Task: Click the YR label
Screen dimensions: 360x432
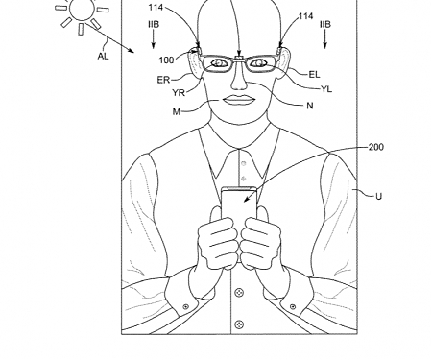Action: point(180,93)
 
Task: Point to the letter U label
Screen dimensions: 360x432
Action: point(378,197)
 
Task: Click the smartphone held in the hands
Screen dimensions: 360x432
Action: point(235,206)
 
